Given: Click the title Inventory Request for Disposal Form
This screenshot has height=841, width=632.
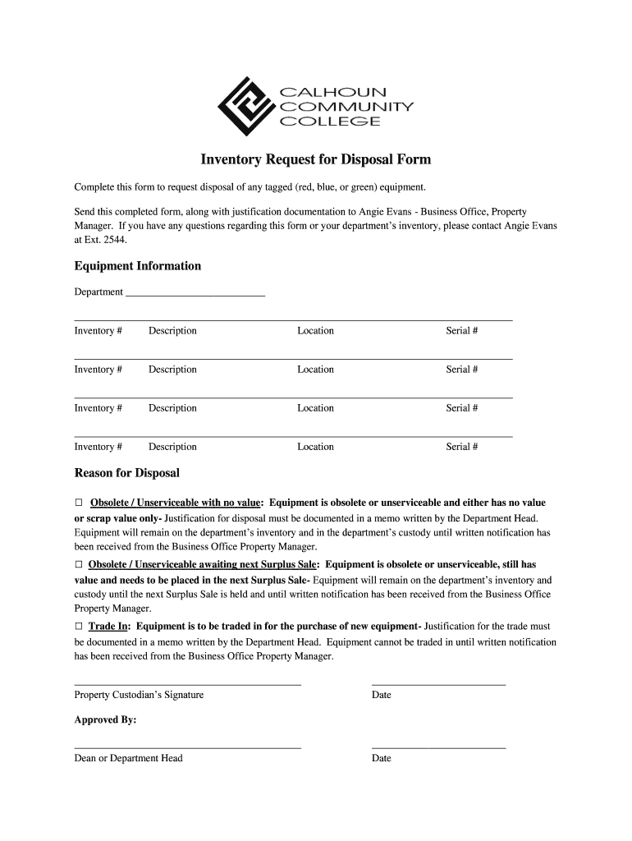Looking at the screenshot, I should click(316, 159).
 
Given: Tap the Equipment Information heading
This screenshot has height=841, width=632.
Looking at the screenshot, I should click(137, 266).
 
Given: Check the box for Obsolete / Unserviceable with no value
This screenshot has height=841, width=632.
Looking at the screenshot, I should click(80, 503).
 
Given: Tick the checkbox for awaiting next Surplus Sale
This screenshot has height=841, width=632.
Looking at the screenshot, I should click(80, 565).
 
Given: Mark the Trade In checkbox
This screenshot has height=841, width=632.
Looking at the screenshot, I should click(80, 627).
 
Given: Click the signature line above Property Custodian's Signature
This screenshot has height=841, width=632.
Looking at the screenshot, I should click(188, 684).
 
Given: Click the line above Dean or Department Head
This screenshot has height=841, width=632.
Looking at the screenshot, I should click(188, 747).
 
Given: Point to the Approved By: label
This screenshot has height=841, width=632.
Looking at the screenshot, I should click(106, 719).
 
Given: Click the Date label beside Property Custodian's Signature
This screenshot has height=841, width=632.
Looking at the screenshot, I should click(382, 695).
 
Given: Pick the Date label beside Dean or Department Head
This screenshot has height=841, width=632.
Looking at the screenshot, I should click(382, 758).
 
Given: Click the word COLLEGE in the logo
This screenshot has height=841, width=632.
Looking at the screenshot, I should click(331, 122).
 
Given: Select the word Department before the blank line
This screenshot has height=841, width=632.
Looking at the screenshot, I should click(98, 292).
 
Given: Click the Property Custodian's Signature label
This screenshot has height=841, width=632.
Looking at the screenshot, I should click(139, 695).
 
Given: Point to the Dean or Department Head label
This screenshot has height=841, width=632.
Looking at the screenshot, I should click(128, 758).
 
